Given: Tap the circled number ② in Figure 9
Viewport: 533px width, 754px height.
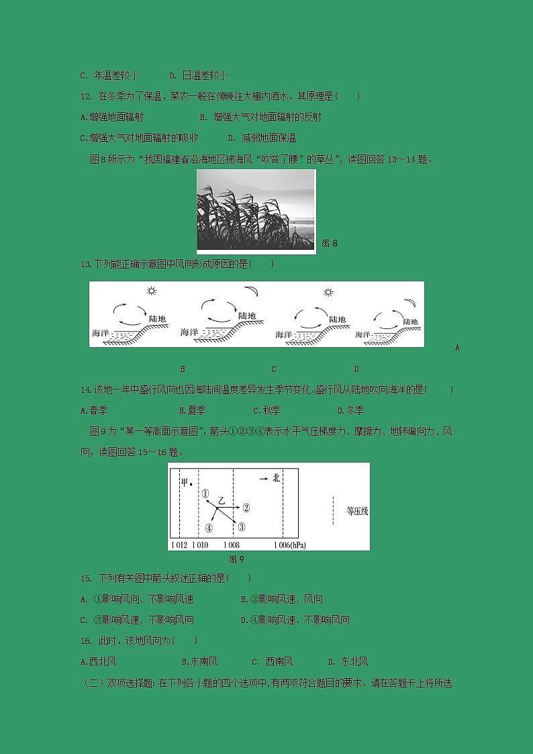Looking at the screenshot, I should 246,508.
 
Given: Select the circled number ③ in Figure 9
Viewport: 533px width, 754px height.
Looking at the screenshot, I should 242,527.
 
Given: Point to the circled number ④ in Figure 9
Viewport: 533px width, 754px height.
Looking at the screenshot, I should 209,528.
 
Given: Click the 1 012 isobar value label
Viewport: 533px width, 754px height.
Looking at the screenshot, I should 179,545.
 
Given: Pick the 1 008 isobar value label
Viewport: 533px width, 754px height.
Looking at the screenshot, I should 232,545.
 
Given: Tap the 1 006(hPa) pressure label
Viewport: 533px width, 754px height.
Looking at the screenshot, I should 290,545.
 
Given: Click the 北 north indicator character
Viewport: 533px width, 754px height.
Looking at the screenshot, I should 276,478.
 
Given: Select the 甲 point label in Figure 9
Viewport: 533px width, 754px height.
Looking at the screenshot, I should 185,483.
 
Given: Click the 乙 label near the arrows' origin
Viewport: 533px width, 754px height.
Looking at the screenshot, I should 222,501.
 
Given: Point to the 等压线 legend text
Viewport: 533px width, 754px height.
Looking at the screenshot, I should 357,512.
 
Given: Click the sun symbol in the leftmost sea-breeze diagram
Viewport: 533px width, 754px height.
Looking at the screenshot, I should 152,291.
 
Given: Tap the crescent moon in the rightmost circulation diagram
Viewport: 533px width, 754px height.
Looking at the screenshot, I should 411,289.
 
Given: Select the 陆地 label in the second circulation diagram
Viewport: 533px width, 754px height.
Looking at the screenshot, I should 246,316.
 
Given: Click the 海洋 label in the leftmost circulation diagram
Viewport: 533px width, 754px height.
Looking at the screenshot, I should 101,333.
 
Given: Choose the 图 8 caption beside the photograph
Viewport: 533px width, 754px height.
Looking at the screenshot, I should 330,243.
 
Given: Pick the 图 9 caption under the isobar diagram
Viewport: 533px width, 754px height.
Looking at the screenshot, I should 236,559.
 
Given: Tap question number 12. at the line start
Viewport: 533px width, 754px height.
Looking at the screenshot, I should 86,96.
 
